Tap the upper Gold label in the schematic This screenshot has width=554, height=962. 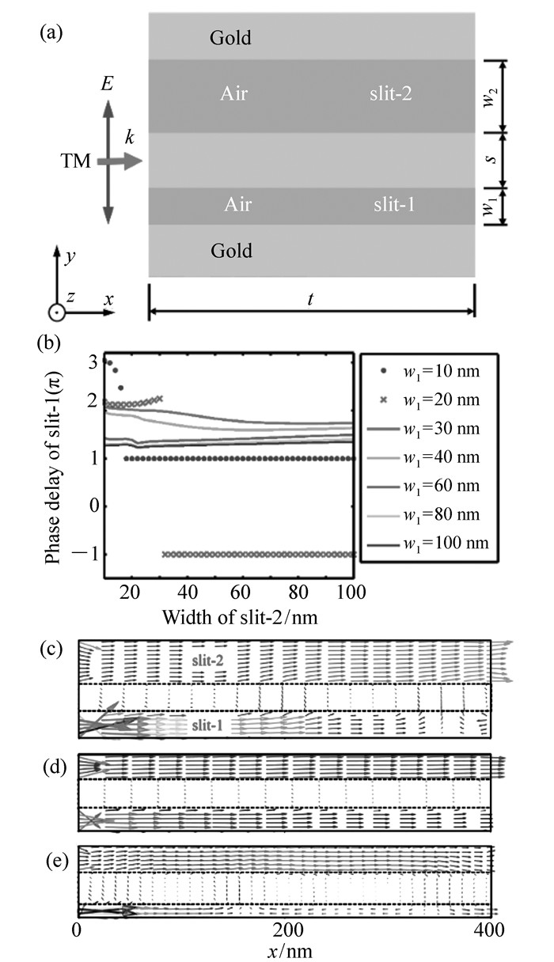tap(231, 36)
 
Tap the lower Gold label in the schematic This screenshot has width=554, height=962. tap(231, 252)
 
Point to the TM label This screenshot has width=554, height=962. tap(77, 162)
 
